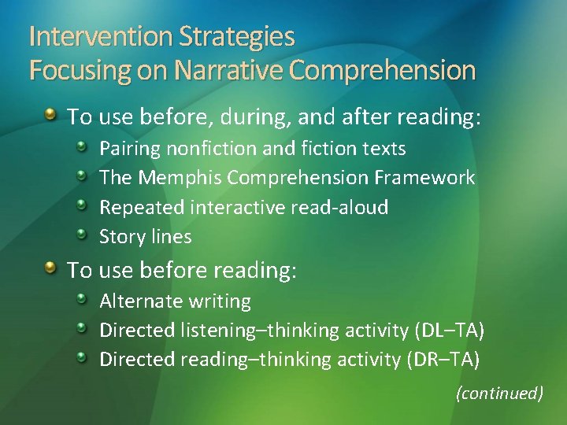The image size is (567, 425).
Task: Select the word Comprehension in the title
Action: click(x=383, y=71)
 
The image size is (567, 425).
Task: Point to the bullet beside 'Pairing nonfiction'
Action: click(x=83, y=147)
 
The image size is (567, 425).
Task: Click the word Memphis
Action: click(x=180, y=178)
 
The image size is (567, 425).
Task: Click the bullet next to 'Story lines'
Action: click(x=83, y=235)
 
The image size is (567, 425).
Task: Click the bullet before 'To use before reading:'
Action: click(x=50, y=269)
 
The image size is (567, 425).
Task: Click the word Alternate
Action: click(x=139, y=301)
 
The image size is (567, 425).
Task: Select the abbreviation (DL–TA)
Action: click(x=448, y=331)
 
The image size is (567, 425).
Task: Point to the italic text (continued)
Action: click(x=500, y=393)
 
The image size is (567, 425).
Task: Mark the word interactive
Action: click(x=239, y=207)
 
